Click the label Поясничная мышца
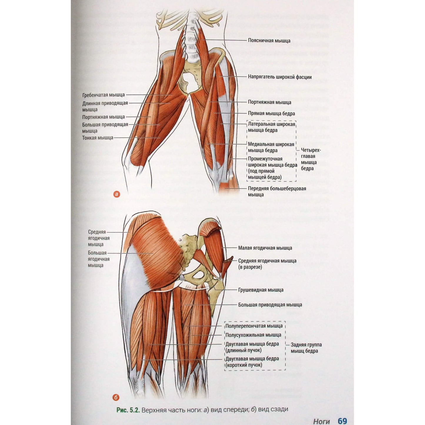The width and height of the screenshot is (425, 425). coord(269,41)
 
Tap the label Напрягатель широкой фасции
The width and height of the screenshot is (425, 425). coord(280,77)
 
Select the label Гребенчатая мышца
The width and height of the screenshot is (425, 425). coord(104,95)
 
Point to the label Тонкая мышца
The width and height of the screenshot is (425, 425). coord(98,138)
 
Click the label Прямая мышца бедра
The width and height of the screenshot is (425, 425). coord(271,114)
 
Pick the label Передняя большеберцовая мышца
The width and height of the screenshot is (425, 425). coord(277,191)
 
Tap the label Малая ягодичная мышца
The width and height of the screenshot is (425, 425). coord(265,248)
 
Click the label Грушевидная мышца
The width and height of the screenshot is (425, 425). coord(261,290)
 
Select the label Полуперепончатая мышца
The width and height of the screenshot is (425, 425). coord(254,326)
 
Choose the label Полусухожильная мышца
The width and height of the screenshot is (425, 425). coord(253,335)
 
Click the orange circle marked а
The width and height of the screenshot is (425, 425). coord(116,194)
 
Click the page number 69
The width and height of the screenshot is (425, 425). coord(342,415)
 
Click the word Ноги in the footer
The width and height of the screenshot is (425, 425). coord(321,415)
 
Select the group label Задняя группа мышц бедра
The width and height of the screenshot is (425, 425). coord(306,348)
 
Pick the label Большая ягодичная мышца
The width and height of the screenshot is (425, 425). coord(99,259)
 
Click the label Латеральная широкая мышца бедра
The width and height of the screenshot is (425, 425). coord(271,127)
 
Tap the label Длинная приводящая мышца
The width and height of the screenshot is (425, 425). coord(105,106)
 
